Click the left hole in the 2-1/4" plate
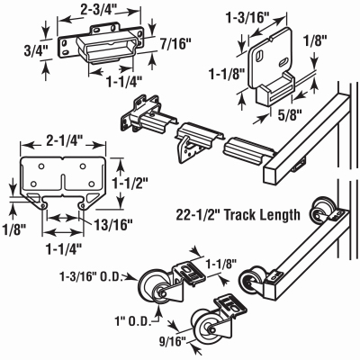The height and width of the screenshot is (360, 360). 38,167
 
